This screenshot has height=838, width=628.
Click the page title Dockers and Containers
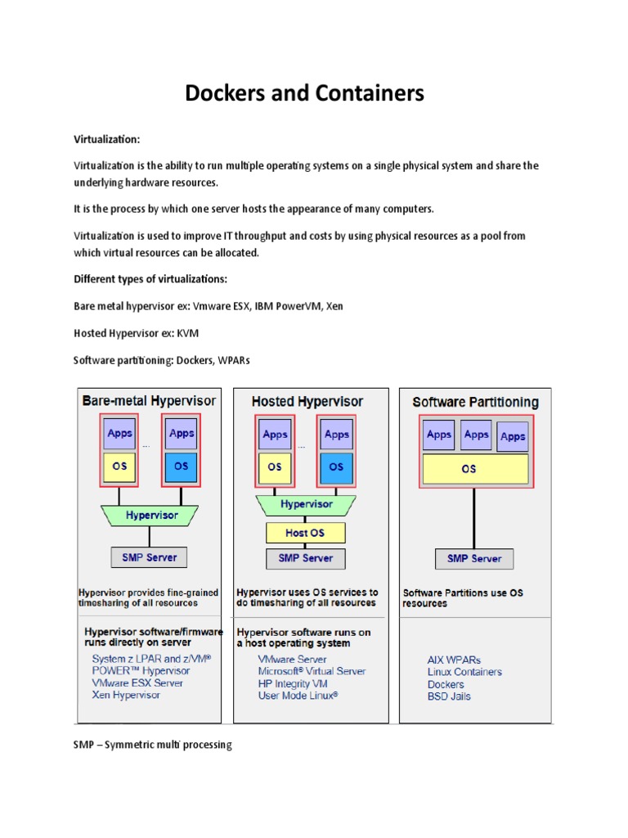pos(305,94)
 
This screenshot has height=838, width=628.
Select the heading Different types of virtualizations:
pos(150,279)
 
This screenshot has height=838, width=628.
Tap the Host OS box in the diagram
pos(305,533)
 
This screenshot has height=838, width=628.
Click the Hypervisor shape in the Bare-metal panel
pos(150,516)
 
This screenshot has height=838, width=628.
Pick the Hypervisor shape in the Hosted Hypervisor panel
pos(306,504)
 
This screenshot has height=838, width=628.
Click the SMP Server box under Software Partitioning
pos(474,559)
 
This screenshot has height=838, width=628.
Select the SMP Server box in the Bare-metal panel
pos(150,557)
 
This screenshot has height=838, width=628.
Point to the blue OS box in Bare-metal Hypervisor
pos(181,466)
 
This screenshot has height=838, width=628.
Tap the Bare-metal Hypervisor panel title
pos(150,401)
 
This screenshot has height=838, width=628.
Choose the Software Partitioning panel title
pos(475,402)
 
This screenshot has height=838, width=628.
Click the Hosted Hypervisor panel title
pos(307,402)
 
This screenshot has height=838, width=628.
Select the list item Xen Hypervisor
pos(126,695)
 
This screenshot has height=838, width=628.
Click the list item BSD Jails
pos(449,696)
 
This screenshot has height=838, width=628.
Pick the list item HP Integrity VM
pos(292,683)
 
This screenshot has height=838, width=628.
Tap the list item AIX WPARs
pos(454,659)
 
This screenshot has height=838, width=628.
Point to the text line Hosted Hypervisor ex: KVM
pos(136,333)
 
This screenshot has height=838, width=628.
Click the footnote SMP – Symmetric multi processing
pos(153,746)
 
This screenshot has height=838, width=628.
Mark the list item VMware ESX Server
pos(137,683)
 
